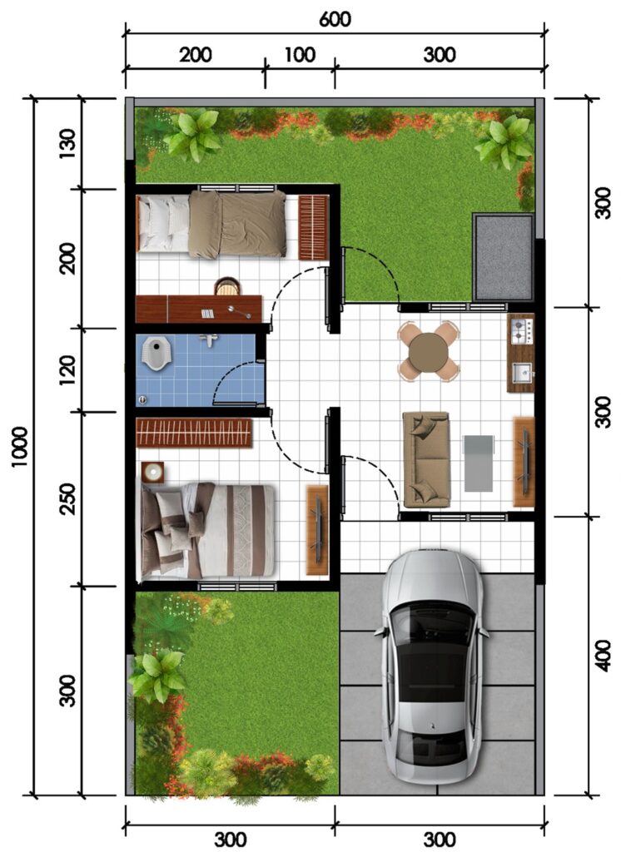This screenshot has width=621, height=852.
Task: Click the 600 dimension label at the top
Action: (335, 19)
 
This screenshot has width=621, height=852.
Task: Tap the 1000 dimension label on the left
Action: (20, 447)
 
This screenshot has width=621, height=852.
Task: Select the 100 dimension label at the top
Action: (301, 55)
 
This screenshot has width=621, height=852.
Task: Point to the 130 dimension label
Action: (67, 143)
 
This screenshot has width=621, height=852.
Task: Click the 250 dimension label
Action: (67, 499)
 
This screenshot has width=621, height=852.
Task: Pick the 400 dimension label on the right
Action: (601, 656)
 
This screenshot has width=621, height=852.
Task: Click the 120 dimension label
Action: (67, 370)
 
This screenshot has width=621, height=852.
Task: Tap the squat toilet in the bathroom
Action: (156, 352)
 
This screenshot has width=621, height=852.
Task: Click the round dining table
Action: (429, 352)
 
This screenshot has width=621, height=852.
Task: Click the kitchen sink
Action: (523, 373)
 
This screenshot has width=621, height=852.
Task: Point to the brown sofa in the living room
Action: (426, 459)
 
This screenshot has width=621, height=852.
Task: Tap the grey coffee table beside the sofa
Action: (479, 463)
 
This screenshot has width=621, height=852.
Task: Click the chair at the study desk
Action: (226, 286)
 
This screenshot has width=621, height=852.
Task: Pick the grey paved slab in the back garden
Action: (504, 257)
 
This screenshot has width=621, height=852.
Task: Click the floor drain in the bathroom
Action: (143, 400)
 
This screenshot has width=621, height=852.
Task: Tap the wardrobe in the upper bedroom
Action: (314, 227)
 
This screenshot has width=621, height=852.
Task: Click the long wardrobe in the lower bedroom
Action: (194, 433)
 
